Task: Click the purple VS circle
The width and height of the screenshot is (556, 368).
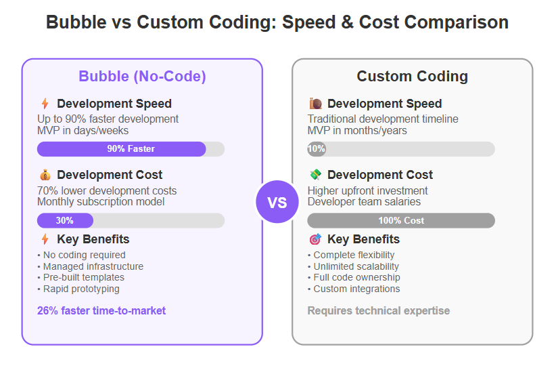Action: [x=277, y=202]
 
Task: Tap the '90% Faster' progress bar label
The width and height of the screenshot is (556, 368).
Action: [x=131, y=148]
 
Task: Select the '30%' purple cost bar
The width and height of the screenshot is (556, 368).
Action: [x=65, y=220]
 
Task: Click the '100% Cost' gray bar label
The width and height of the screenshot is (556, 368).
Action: [x=401, y=220]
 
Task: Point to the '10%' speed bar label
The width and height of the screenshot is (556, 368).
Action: [x=317, y=148]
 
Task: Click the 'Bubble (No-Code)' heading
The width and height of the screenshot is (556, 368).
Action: [x=142, y=77]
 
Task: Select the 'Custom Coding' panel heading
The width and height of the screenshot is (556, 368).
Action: [x=413, y=77]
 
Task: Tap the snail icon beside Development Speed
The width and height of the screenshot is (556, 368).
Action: [x=315, y=104]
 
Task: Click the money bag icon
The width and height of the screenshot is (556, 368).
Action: [x=45, y=175]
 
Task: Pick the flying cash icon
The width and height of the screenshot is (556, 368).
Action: [x=315, y=175]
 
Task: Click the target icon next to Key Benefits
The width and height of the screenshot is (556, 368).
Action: [x=315, y=239]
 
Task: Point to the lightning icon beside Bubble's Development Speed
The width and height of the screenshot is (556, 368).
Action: [x=45, y=104]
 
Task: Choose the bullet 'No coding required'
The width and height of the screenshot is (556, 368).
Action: [x=81, y=255]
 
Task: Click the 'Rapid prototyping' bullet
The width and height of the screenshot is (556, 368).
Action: [x=78, y=289]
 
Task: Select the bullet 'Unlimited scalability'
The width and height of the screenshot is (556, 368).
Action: [x=353, y=266]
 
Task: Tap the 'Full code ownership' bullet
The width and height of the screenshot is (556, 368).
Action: [x=354, y=277]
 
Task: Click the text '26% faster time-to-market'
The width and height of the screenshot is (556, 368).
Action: [x=101, y=311]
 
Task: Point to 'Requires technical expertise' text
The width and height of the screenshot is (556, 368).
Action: [x=379, y=311]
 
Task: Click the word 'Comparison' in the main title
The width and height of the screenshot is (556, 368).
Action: [x=434, y=22]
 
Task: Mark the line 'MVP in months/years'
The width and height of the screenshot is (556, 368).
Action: [x=357, y=131]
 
